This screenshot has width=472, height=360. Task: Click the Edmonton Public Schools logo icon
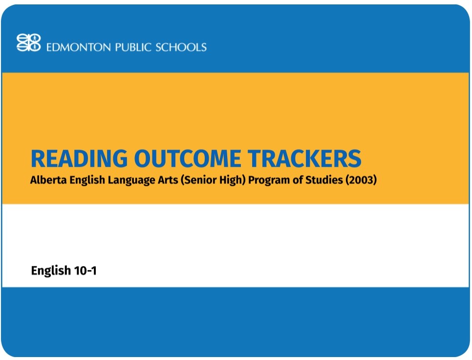coord(29,43)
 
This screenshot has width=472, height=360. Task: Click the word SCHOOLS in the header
coord(181,47)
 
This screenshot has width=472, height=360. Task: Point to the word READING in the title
coord(79,158)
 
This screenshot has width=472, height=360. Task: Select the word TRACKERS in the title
coord(304,158)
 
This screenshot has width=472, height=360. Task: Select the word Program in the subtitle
coord(268,180)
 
